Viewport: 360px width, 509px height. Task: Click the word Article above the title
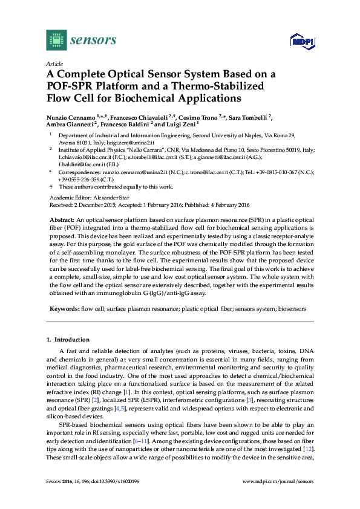point(54,62)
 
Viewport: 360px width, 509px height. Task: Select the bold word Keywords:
point(64,309)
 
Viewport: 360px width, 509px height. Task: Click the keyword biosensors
point(292,309)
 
